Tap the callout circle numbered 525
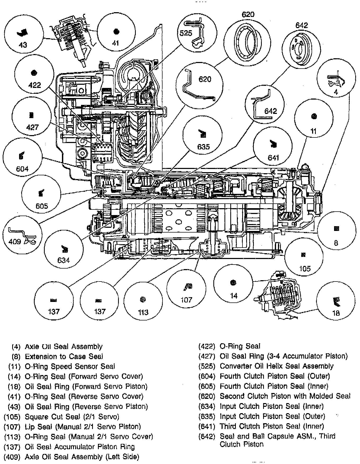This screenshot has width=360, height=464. click(x=196, y=33)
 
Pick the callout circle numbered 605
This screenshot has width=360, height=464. click(x=41, y=197)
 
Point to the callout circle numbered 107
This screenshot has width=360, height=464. click(x=187, y=290)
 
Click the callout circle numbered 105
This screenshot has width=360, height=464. click(x=304, y=258)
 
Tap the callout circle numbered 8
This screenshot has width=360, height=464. click(x=336, y=232)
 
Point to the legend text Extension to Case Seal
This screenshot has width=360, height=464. click(x=64, y=356)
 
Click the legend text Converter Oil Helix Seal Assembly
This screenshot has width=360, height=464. click(x=276, y=366)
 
